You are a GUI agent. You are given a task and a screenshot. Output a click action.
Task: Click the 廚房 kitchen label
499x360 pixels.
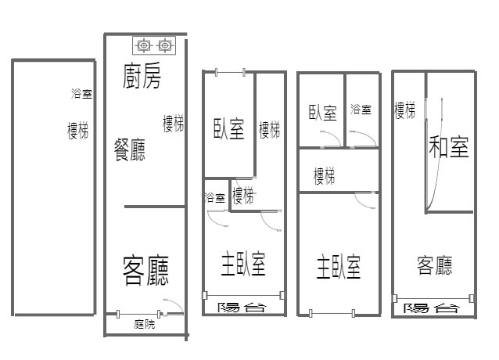point(142,76)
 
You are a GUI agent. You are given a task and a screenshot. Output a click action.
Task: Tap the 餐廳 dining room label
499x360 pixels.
point(130,149)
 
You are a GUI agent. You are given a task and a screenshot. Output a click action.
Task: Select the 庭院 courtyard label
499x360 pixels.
point(145,324)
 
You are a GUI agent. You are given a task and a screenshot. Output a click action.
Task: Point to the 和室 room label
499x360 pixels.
point(448,146)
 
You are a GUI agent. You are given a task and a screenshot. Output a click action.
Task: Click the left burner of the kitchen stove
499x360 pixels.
point(144,45)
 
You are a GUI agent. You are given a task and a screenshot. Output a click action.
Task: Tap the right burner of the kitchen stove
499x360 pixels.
point(164,45)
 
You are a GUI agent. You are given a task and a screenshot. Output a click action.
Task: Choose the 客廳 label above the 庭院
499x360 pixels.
point(145,270)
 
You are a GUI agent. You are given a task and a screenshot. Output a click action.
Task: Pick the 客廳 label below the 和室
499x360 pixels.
point(434,265)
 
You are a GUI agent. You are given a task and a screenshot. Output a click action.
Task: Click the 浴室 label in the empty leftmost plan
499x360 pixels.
point(81,94)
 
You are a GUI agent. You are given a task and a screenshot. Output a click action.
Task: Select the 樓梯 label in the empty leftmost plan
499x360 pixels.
point(77,130)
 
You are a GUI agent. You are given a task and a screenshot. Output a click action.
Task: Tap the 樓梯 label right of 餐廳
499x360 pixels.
point(173,124)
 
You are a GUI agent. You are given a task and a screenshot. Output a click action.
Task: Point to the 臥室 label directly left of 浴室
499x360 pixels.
point(323,113)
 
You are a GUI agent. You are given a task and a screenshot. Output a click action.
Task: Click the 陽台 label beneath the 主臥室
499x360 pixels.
point(242,307)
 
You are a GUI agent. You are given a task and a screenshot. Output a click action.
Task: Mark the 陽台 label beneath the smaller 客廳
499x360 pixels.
point(431,308)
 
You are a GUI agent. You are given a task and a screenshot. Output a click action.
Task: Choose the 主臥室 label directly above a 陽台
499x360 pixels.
point(243,264)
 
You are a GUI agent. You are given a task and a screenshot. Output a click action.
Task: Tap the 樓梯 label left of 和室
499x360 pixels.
point(405,110)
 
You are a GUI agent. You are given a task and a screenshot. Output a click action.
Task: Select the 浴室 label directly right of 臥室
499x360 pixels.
point(361,110)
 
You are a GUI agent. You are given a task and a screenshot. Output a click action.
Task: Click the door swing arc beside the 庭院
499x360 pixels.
point(178,304)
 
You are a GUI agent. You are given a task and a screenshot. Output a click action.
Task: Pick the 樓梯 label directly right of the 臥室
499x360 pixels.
point(269,130)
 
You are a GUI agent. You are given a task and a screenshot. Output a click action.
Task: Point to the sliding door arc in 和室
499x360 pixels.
point(440,156)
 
